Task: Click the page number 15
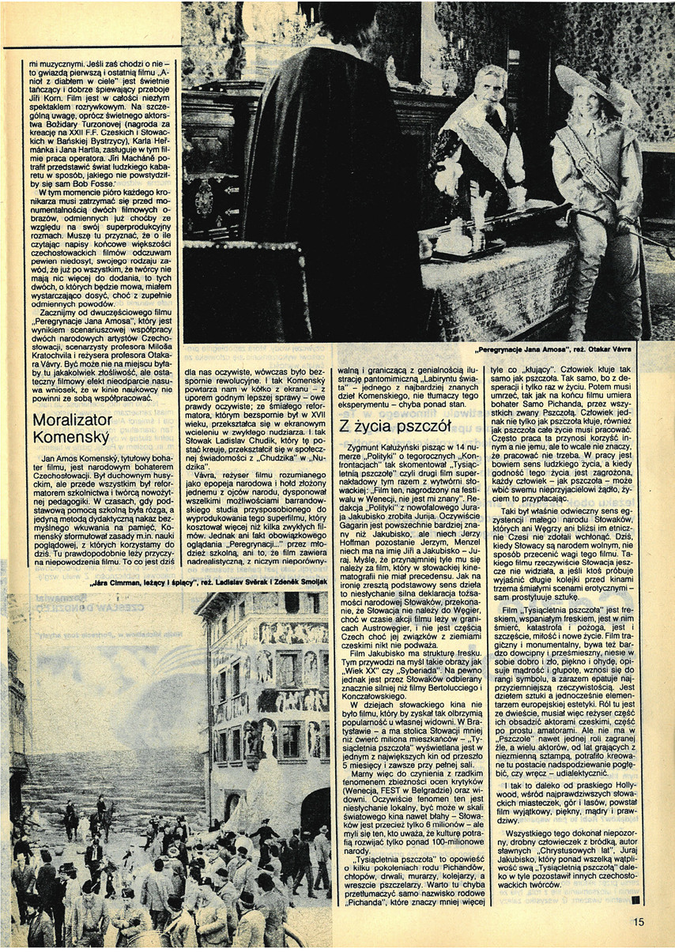(x=639, y=920)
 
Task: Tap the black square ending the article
(x=635, y=897)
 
